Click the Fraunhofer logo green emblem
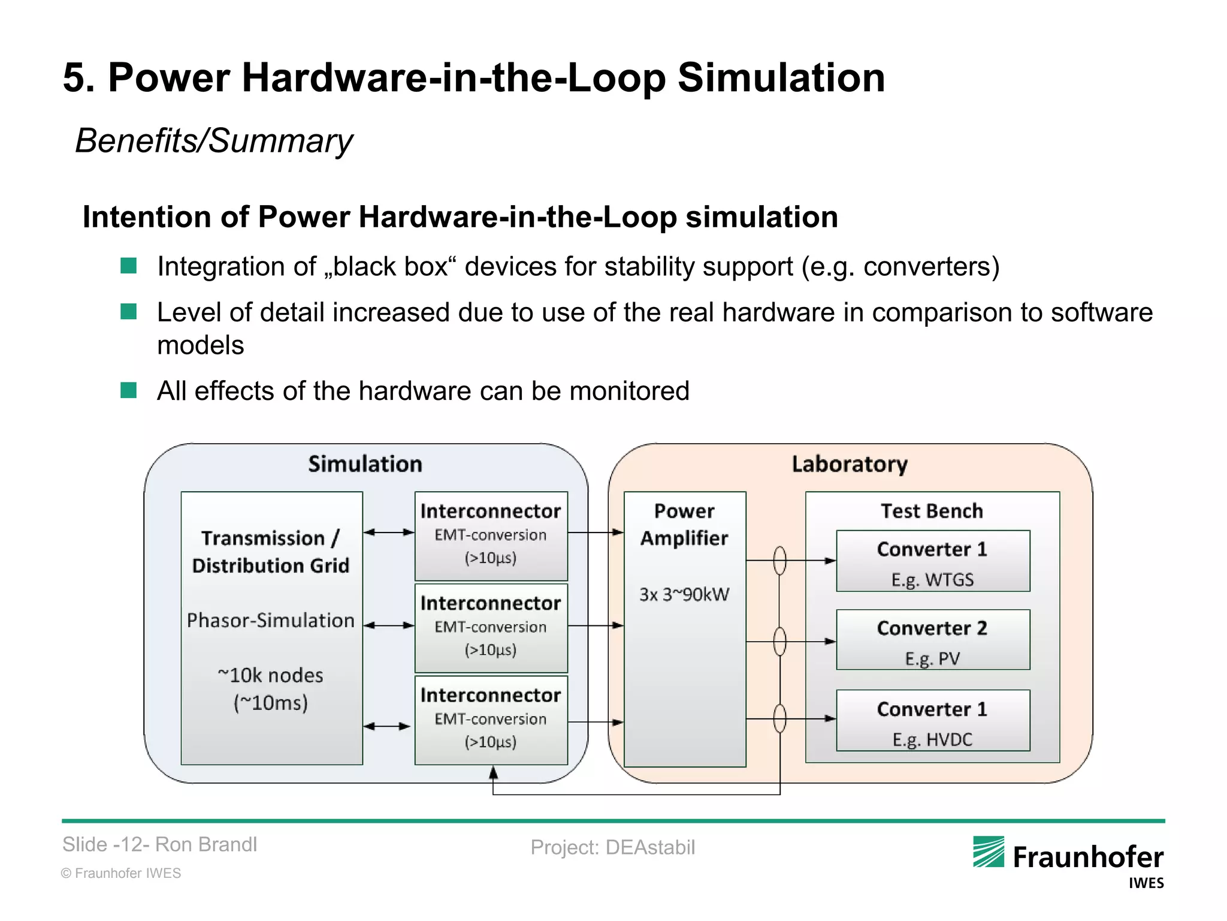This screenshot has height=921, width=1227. [988, 851]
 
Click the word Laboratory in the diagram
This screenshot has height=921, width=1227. [849, 464]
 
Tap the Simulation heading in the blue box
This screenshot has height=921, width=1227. [365, 464]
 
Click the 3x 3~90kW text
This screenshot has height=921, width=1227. [684, 594]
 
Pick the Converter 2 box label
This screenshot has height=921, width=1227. [932, 628]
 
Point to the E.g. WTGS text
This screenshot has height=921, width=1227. [932, 580]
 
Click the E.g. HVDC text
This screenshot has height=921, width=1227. [932, 739]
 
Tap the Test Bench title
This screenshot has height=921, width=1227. [932, 511]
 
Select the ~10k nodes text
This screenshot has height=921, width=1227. [270, 675]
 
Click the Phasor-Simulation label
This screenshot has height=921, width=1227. [271, 620]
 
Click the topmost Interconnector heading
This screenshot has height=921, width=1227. [490, 511]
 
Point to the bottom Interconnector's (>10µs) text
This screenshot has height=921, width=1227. [490, 742]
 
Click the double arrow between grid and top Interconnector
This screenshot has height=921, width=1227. [389, 532]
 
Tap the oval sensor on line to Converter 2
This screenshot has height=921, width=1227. [779, 642]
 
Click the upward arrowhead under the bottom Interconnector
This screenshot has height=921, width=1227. [493, 773]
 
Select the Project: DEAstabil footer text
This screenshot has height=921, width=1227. [612, 847]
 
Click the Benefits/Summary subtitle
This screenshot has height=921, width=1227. [214, 141]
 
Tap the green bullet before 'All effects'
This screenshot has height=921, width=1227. [129, 390]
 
